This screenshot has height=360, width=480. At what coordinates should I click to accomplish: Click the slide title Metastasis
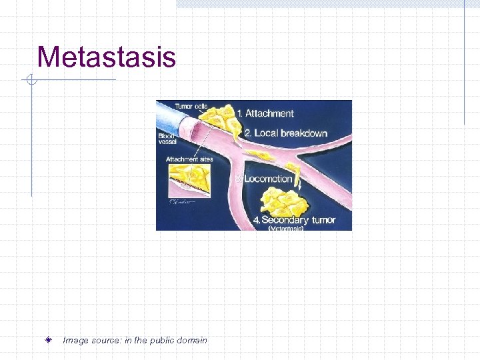[107, 57]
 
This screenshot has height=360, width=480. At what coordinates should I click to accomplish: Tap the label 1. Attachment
[269, 113]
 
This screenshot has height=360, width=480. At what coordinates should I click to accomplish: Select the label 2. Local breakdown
[286, 133]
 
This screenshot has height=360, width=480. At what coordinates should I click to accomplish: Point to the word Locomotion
[269, 179]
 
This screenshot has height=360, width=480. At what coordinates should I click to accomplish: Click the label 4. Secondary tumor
[294, 220]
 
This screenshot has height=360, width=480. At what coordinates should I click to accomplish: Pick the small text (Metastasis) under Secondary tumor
[286, 228]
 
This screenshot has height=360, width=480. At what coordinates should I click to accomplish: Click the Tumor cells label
[191, 105]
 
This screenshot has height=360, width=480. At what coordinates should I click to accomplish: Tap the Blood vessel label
[167, 139]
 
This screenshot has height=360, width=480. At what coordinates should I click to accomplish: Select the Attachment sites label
[189, 159]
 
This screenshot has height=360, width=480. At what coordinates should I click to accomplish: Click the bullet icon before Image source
[50, 340]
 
